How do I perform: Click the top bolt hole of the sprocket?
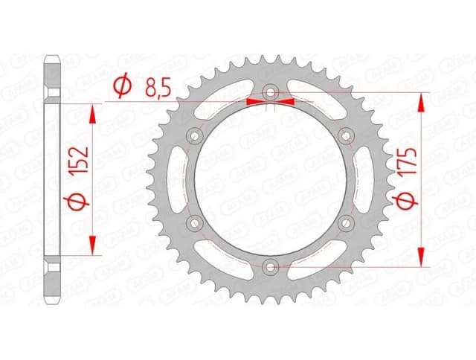point(270,93)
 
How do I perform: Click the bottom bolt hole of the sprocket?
point(270,266)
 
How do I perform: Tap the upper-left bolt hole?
point(196,135)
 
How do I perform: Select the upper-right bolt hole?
point(345,135)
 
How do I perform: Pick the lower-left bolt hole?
point(196,222)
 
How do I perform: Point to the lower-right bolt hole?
point(345,222)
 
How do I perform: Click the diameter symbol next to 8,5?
point(121,89)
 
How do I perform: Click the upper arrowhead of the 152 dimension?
point(93,112)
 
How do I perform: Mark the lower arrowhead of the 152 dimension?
point(93,246)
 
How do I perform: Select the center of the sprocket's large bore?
point(270,179)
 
